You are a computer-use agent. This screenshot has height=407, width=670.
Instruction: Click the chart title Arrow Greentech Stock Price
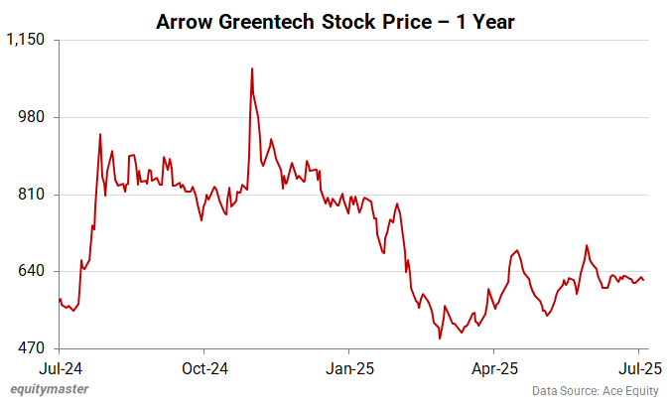click(x=335, y=22)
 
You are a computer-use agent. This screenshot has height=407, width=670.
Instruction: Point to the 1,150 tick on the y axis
click(x=26, y=40)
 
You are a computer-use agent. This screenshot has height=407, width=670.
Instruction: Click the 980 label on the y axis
click(x=34, y=117)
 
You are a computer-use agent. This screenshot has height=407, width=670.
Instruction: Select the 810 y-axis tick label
click(x=34, y=195)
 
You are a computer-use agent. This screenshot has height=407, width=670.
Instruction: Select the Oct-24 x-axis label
click(x=203, y=366)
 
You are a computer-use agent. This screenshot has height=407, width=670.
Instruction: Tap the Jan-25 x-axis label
click(x=349, y=366)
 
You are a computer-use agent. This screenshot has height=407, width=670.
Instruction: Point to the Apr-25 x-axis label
click(x=494, y=366)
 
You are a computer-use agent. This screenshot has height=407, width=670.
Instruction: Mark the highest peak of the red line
click(x=252, y=68)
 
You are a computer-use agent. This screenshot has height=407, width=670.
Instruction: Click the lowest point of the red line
click(x=440, y=339)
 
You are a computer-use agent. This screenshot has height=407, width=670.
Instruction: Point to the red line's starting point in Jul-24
click(x=59, y=300)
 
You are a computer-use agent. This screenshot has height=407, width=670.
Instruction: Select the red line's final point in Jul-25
click(x=644, y=281)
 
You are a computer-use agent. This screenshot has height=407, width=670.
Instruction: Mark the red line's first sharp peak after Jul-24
click(x=100, y=134)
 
